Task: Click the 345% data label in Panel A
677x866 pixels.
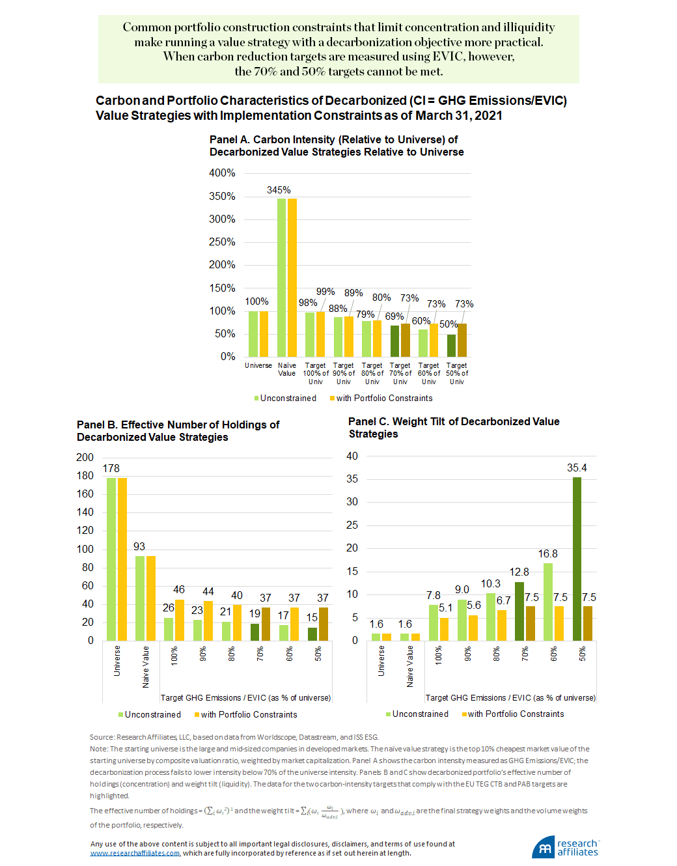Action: point(279,190)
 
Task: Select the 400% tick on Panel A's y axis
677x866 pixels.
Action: point(222,173)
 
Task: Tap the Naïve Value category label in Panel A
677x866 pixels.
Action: point(287,369)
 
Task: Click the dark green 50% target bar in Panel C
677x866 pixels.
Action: point(577,559)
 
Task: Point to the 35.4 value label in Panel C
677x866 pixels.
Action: point(577,468)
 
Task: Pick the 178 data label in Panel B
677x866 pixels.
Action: point(111,468)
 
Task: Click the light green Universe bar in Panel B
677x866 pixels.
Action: point(111,559)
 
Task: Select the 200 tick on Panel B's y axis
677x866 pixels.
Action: point(85,457)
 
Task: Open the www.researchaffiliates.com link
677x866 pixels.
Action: point(135,853)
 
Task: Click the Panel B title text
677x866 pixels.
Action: point(178,430)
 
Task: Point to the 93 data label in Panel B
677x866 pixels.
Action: point(139,546)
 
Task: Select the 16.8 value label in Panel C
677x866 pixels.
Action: point(547,553)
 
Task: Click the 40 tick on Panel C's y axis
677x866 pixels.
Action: point(352,456)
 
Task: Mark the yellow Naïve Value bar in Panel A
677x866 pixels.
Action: point(292,277)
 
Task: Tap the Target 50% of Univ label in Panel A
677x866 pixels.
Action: point(457,373)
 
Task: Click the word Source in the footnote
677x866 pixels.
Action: point(102,737)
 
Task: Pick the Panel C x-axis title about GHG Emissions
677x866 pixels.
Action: point(510,697)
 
